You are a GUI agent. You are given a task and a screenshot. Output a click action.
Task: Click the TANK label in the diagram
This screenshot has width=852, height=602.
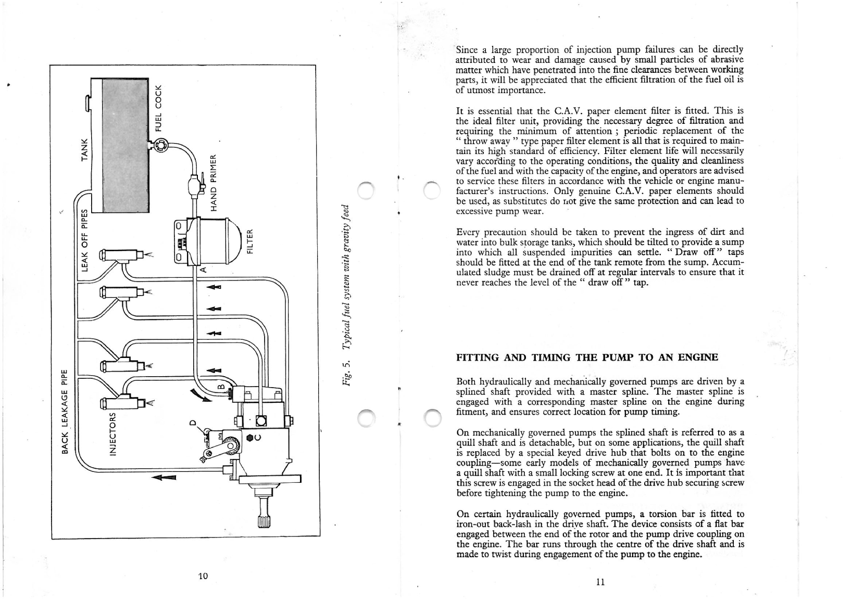(84, 149)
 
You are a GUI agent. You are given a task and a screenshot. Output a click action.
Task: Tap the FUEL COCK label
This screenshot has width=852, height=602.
(159, 108)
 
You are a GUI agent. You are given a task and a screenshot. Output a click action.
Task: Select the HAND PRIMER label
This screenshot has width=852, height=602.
(214, 183)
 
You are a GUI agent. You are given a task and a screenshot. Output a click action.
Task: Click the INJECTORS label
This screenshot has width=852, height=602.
(112, 433)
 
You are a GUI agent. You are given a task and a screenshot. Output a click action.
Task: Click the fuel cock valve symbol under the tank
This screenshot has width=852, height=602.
(160, 145)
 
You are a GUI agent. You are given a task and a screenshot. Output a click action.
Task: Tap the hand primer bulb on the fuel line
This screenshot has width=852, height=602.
(194, 186)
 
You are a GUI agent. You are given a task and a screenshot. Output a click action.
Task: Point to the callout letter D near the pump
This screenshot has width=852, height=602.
(193, 422)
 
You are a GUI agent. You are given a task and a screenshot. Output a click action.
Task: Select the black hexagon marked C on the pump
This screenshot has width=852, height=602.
(250, 438)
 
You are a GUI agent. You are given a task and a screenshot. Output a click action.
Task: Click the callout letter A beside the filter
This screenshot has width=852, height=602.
(204, 270)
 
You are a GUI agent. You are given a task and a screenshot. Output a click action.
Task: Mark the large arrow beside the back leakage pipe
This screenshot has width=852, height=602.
(164, 477)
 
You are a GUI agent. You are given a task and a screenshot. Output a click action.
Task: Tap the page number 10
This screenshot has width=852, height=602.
(203, 576)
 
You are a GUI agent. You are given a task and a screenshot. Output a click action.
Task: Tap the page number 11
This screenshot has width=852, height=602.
(600, 582)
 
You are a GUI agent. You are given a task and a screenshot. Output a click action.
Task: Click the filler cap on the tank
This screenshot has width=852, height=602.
(88, 104)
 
